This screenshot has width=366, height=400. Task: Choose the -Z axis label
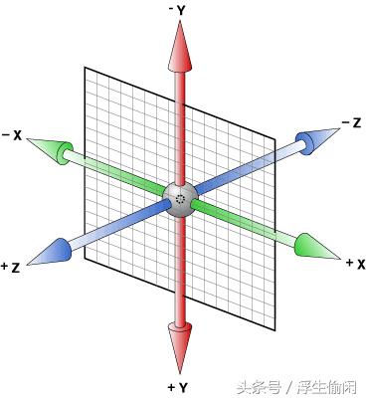coord(350,122)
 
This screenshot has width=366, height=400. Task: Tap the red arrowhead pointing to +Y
coord(180,346)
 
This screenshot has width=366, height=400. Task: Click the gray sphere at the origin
coord(180,197)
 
